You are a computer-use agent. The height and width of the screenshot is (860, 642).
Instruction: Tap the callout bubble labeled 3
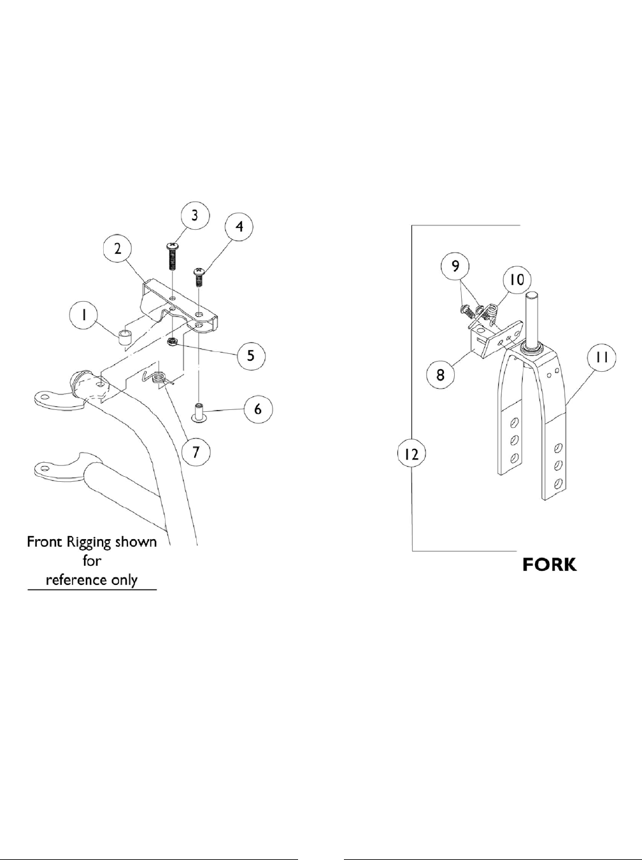click(195, 216)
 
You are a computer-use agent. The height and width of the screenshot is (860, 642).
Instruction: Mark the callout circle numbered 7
click(196, 452)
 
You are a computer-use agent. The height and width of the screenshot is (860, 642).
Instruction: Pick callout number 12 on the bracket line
click(412, 455)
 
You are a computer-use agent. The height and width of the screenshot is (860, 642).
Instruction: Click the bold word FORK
click(550, 565)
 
